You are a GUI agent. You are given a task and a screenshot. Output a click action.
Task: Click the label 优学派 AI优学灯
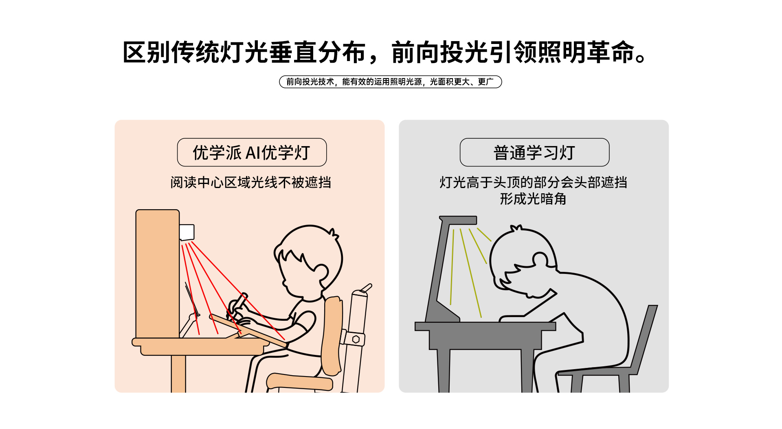coord(252,153)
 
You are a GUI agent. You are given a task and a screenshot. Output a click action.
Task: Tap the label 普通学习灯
coord(534,153)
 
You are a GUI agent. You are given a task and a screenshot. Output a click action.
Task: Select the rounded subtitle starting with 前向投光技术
coord(390,82)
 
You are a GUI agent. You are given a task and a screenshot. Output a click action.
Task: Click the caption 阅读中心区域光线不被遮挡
coord(250,182)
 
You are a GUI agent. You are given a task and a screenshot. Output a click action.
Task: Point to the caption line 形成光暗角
coord(533,199)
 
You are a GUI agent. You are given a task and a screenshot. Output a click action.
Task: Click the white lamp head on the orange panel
coord(187,232)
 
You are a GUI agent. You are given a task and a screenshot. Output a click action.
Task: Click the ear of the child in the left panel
coord(321,272)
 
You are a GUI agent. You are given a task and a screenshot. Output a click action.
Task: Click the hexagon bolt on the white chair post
coord(356,339)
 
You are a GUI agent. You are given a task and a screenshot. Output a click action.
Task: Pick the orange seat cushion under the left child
coord(299,382)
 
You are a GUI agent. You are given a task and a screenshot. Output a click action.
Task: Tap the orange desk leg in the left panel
coord(178,374)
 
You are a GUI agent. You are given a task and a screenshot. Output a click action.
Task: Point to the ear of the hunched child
coord(541,260)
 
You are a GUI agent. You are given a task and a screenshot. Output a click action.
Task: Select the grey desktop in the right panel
coord(485,326)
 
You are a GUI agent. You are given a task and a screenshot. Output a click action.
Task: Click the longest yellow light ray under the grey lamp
coord(471,273)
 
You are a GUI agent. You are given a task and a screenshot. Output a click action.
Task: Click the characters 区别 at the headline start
coord(147,53)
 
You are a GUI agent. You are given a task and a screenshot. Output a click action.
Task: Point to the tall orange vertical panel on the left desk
coord(158,274)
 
